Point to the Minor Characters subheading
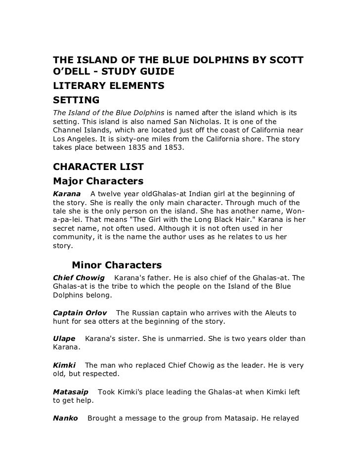point(117,265)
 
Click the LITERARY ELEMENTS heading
point(108,86)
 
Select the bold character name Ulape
point(64,339)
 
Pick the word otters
point(114,322)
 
